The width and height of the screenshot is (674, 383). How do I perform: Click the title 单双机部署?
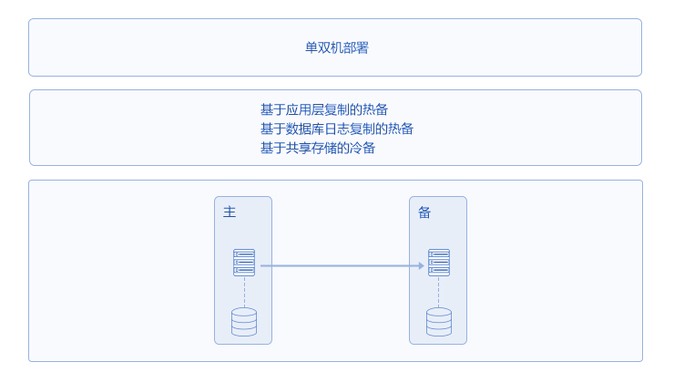click(337, 47)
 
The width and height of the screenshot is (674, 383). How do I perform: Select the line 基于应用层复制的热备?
click(324, 109)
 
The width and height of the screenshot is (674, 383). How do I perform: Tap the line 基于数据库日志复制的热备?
click(337, 129)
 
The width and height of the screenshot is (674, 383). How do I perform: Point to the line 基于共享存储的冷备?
click(318, 148)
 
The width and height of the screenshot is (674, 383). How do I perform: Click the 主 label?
click(230, 212)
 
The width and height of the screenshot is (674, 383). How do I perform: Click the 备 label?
click(424, 212)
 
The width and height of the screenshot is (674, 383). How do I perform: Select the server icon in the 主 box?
click(244, 263)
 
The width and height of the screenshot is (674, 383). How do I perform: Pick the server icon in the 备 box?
click(439, 263)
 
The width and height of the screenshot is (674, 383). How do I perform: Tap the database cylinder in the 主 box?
click(244, 322)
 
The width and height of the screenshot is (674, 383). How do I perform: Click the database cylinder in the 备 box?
click(439, 322)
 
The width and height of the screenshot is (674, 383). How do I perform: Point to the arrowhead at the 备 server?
click(422, 266)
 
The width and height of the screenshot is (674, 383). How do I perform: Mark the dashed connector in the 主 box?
click(245, 292)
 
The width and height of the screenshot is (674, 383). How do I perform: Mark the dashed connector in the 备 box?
click(439, 292)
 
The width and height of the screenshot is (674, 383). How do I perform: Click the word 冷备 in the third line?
click(363, 148)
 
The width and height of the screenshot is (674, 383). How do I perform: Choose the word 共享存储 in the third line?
click(311, 148)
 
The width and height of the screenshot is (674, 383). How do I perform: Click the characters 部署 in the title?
click(356, 47)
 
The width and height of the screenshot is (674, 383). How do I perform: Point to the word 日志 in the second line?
click(337, 129)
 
